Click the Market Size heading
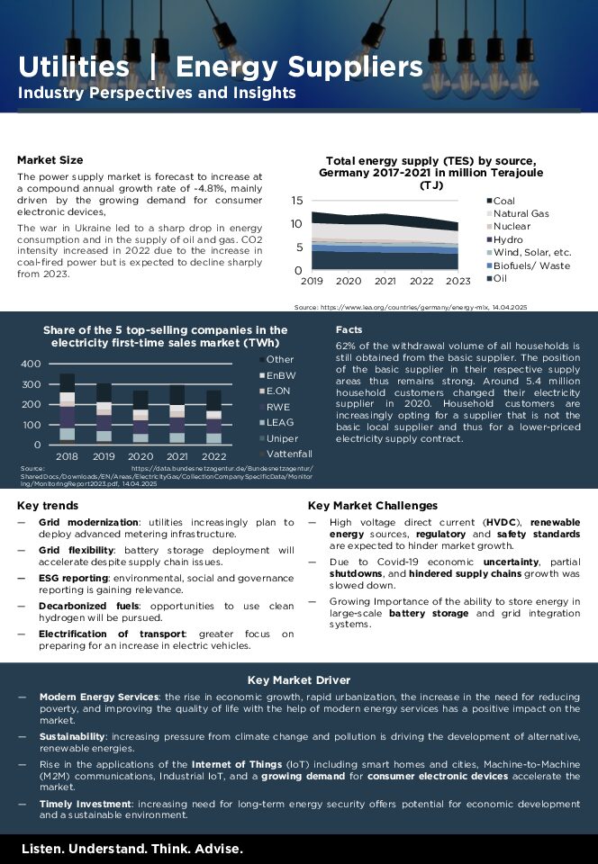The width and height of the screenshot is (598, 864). coord(50,160)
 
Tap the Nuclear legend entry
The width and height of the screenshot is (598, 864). coord(512,227)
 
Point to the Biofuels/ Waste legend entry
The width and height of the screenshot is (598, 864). coord(531,265)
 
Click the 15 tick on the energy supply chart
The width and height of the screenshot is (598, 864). coord(296,200)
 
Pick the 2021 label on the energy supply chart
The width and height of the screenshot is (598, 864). coord(385,281)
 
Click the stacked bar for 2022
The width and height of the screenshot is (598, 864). coord(213,417)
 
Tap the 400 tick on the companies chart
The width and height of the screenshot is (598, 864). coord(31,364)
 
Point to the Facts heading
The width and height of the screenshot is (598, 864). coord(349,330)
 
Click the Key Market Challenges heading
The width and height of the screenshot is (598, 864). coord(373,506)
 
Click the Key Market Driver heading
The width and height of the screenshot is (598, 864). coord(299,679)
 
